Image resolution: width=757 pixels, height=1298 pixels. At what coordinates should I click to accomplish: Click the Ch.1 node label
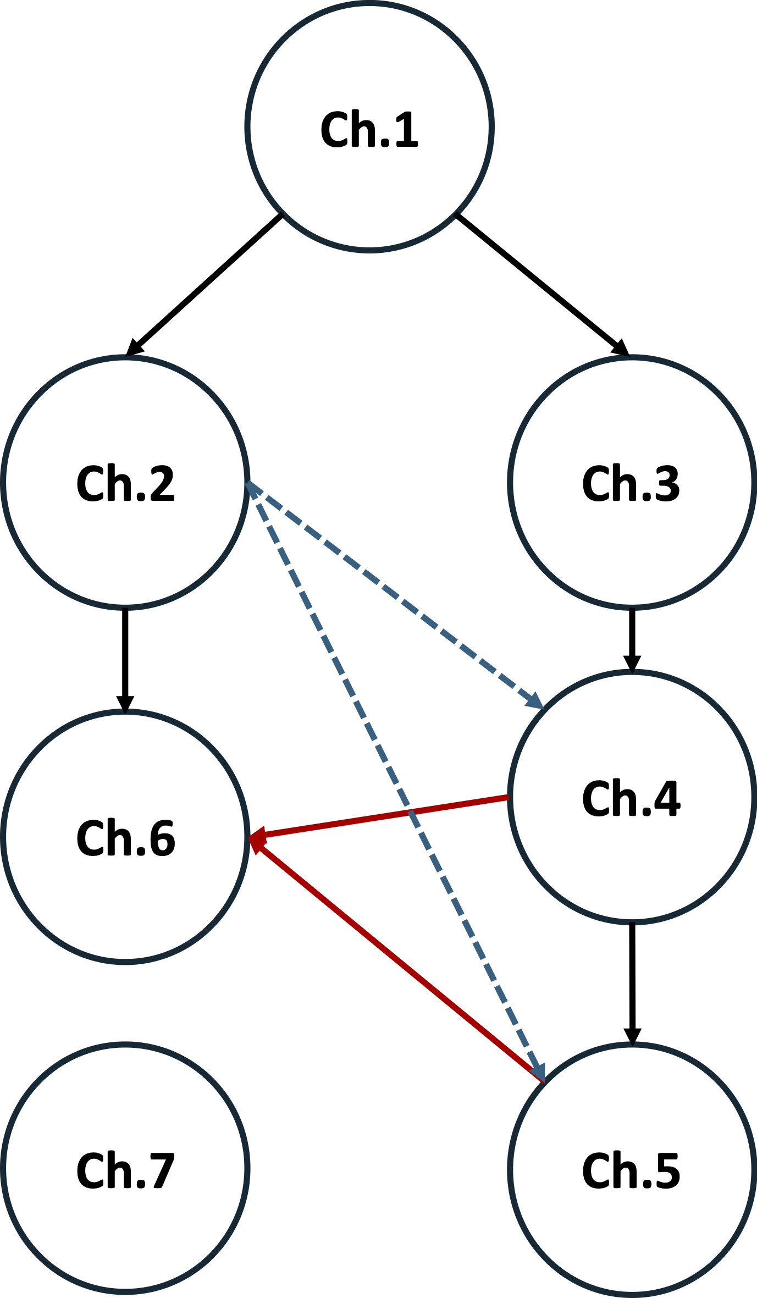(x=369, y=130)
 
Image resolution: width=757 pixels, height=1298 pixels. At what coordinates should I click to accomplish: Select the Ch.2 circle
(x=125, y=482)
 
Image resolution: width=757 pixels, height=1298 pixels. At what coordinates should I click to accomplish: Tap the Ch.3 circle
(x=632, y=482)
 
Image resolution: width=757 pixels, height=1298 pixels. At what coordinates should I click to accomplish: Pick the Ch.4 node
(x=632, y=798)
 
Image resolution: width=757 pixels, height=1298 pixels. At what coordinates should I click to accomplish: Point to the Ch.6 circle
(x=125, y=838)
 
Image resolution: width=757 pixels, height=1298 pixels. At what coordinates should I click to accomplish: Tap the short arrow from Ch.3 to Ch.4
(x=632, y=638)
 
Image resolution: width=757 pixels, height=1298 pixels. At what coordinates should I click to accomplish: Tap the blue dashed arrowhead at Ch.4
(x=535, y=702)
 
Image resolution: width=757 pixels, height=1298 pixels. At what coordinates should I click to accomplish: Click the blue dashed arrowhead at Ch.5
(x=539, y=1073)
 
